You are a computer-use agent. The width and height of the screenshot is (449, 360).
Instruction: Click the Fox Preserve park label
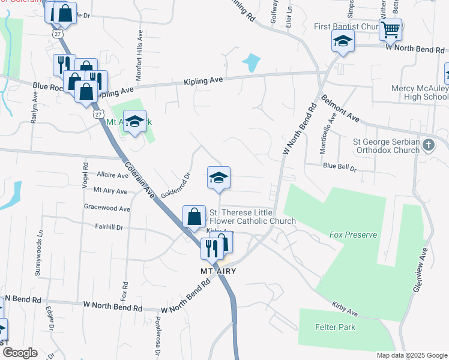tap(353, 235)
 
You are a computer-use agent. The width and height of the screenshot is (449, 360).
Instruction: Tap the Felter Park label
tap(335, 327)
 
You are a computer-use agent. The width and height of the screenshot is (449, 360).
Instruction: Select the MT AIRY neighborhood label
tap(218, 271)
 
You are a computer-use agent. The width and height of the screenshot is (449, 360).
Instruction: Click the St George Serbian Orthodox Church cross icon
tap(428, 145)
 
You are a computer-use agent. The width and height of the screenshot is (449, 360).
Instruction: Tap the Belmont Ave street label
tap(340, 107)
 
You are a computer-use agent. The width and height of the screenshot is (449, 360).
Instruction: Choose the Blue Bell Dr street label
tap(340, 166)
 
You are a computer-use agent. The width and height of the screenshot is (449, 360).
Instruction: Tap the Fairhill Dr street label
tap(108, 227)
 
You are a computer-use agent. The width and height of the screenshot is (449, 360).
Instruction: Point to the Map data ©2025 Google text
tap(411, 355)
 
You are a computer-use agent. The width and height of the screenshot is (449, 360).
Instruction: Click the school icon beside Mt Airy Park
tap(134, 122)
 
